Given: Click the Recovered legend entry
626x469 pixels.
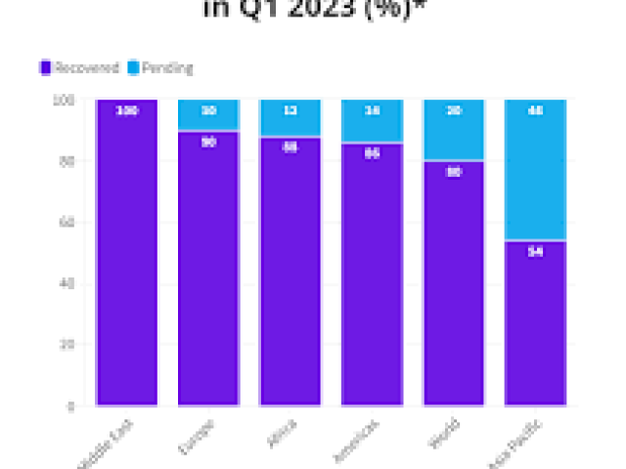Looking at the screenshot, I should click(x=86, y=68).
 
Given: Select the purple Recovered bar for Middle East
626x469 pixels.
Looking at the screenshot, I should click(x=126, y=254).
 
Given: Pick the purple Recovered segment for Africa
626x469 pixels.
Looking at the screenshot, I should click(x=290, y=274).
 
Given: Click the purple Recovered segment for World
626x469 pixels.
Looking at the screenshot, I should click(x=453, y=283).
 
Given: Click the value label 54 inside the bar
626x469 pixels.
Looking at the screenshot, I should click(x=535, y=251).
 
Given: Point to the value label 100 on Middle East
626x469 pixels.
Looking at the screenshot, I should click(x=126, y=111).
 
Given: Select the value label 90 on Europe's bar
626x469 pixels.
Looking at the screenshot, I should click(x=208, y=142).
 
